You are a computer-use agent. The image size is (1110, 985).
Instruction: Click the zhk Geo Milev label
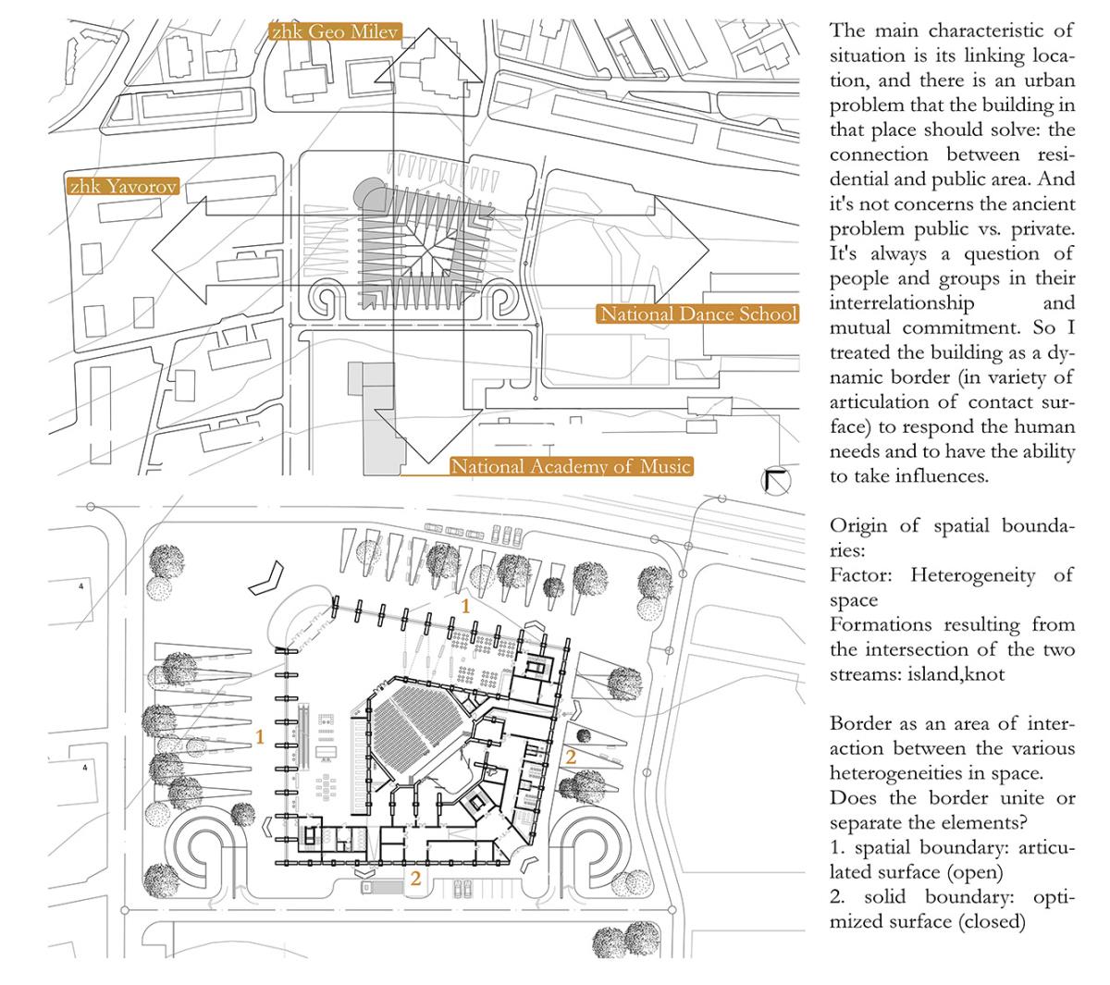pyautogui.click(x=334, y=32)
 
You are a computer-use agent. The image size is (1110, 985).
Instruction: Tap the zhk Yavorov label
pyautogui.click(x=124, y=186)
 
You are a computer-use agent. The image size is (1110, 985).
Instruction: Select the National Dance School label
pyautogui.click(x=697, y=314)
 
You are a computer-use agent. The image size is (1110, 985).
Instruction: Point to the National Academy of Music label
pyautogui.click(x=571, y=466)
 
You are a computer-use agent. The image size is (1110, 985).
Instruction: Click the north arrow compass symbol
pyautogui.click(x=774, y=481)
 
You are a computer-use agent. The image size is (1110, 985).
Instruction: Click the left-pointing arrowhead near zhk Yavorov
pyautogui.click(x=177, y=252)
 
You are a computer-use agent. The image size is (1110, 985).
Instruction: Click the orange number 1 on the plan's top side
pyautogui.click(x=466, y=606)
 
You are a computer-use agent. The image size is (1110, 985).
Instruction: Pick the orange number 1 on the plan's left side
pyautogui.click(x=261, y=737)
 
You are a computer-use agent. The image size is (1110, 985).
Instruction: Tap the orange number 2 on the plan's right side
pyautogui.click(x=571, y=757)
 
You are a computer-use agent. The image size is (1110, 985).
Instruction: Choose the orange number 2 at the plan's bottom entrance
pyautogui.click(x=415, y=879)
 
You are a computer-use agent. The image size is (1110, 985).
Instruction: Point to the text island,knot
pyautogui.click(x=958, y=675)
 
